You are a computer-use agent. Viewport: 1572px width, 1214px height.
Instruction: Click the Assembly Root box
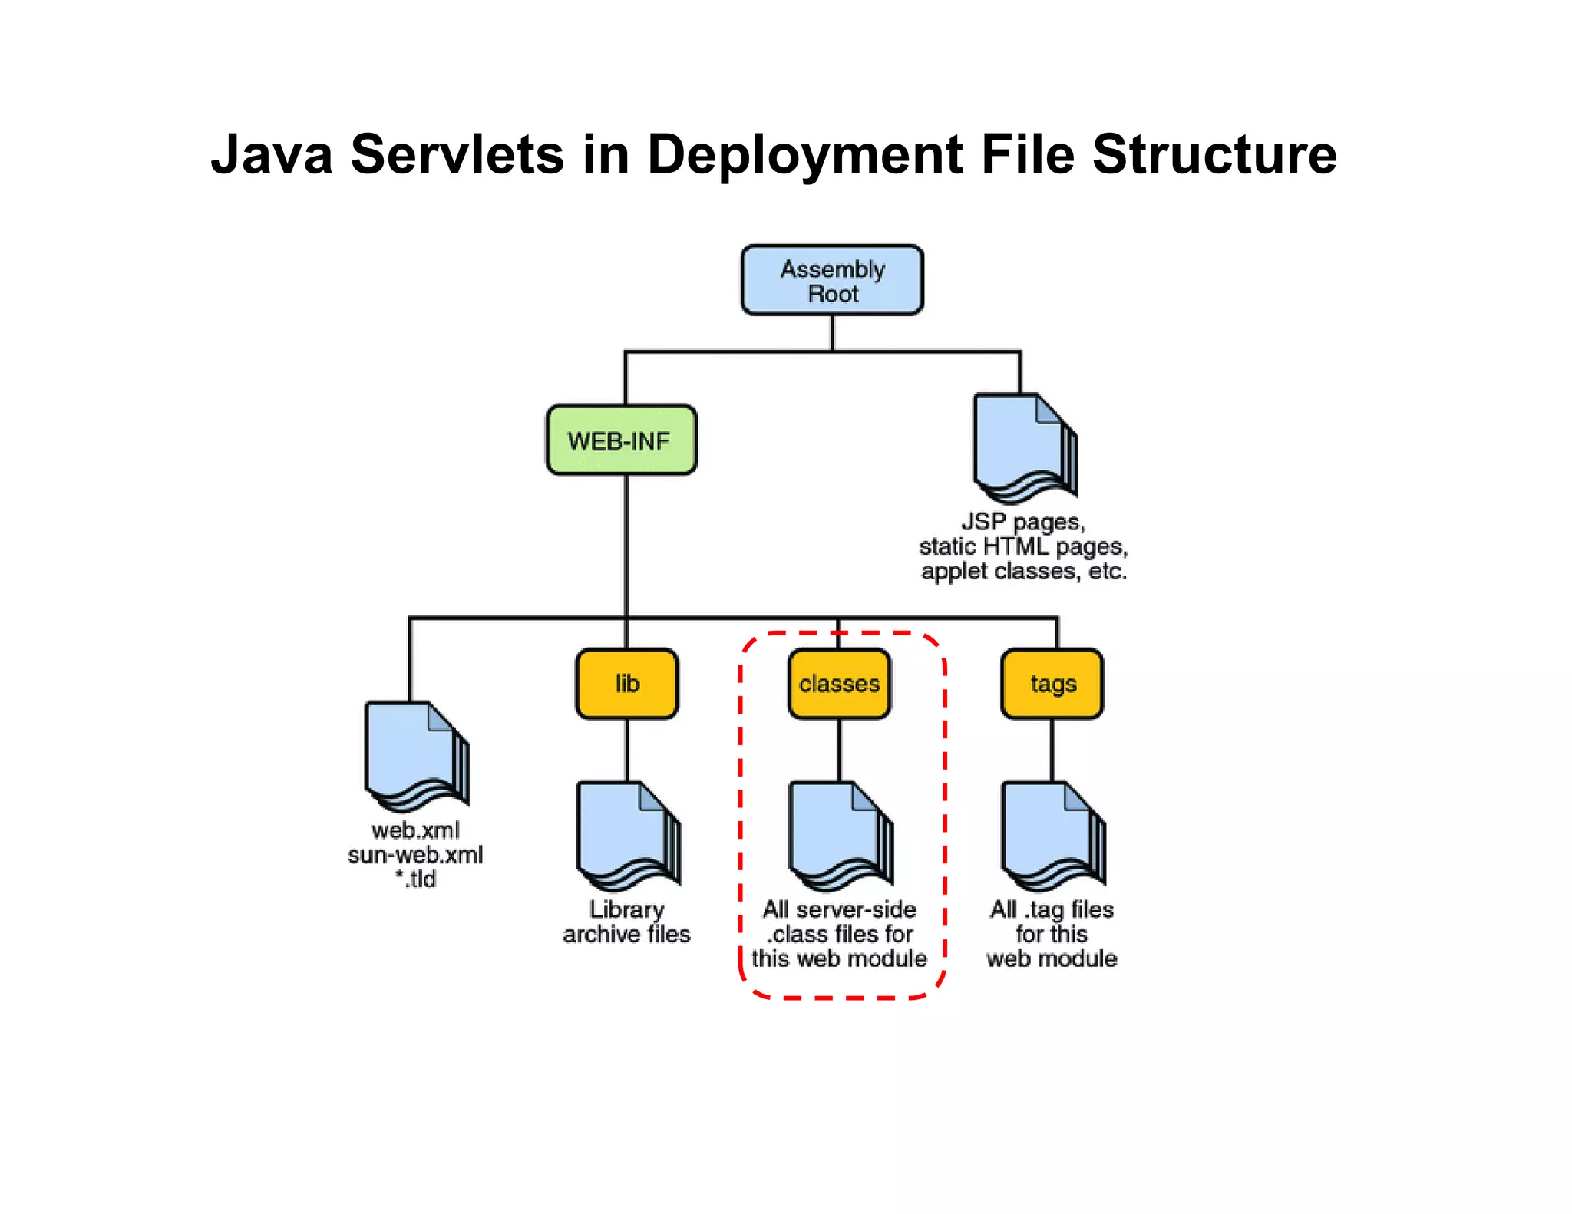[832, 280]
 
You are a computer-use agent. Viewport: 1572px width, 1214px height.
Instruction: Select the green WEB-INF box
[621, 440]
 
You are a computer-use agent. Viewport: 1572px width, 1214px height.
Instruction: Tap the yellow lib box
[627, 684]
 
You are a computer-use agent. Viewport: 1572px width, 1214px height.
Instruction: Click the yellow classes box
[839, 684]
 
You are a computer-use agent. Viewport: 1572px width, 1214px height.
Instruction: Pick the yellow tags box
[1052, 684]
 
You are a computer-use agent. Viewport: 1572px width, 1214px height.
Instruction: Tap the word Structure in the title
[1214, 155]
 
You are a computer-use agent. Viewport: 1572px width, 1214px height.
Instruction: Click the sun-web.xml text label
[415, 855]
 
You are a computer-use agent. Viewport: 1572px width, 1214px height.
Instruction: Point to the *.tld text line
[415, 879]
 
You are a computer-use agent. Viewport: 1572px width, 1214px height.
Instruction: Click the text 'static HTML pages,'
[1023, 547]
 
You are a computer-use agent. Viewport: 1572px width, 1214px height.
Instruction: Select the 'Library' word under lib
[626, 909]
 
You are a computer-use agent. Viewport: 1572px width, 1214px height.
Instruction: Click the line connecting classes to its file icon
[839, 750]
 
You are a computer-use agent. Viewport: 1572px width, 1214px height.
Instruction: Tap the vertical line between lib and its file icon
[627, 750]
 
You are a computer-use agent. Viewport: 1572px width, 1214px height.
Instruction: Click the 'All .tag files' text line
[1052, 909]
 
